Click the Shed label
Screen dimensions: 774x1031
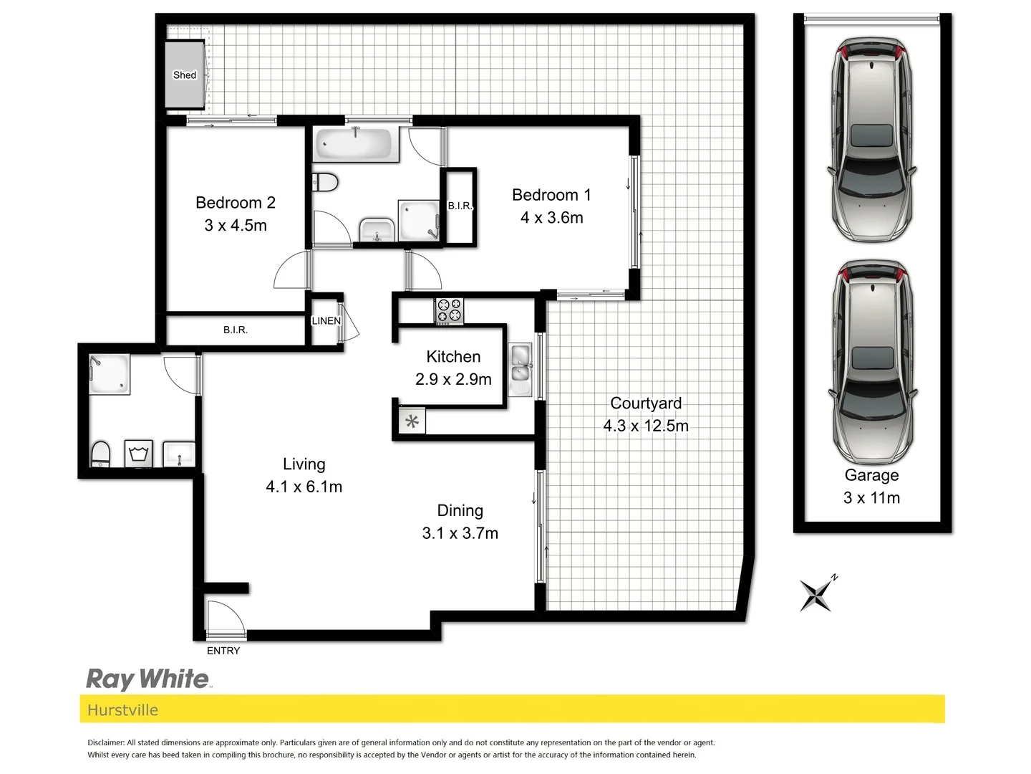point(184,75)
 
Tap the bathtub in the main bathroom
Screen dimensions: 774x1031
point(356,145)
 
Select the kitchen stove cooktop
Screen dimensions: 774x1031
point(450,311)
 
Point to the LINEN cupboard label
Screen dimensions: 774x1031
point(326,321)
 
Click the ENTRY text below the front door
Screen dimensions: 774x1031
point(223,651)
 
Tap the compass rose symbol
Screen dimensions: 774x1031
point(817,593)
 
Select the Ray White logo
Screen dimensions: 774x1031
point(147,679)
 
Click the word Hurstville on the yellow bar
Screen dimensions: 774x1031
point(122,710)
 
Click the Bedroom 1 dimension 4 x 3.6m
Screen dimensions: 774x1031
point(551,218)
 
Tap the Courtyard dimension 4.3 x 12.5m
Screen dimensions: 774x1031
point(646,426)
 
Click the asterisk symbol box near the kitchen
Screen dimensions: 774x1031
point(412,421)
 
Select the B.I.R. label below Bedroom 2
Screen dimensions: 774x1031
point(235,330)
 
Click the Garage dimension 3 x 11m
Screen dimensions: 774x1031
point(871,498)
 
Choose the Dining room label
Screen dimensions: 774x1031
point(460,511)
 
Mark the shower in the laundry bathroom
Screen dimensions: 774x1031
point(110,374)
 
